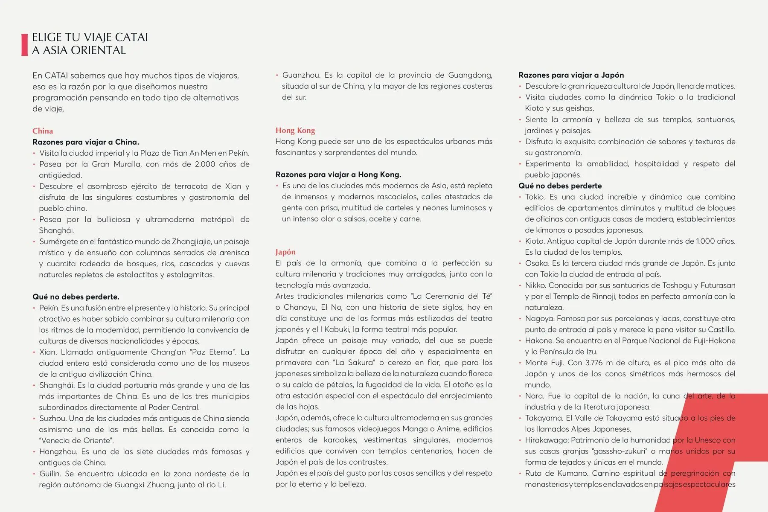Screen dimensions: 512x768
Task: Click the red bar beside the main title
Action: (24, 44)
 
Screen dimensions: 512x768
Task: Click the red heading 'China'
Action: (43, 131)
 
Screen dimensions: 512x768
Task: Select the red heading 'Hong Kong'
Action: (295, 131)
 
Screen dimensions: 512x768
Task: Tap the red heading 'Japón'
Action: (285, 252)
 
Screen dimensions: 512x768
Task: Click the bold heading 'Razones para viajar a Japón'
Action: (571, 75)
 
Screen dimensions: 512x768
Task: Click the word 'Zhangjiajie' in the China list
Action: (191, 241)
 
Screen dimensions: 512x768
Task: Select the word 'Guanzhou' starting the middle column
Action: (300, 75)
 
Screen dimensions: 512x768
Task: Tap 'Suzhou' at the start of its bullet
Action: (52, 419)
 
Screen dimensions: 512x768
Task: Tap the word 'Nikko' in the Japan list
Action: (535, 285)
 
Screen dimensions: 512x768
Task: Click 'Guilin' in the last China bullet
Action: (49, 474)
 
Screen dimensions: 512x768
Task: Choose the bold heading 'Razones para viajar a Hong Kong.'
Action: (338, 175)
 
